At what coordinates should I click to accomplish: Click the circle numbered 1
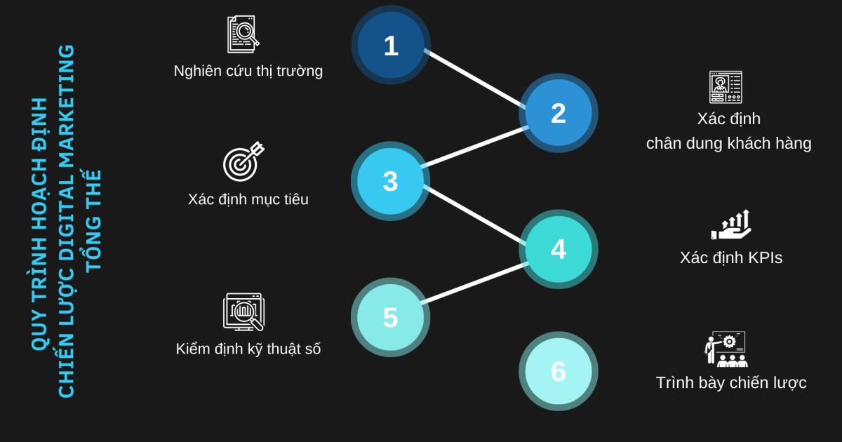tap(391, 46)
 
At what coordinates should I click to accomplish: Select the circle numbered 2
tap(558, 113)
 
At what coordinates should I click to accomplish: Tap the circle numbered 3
tap(390, 181)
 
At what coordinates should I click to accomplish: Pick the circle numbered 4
tap(558, 249)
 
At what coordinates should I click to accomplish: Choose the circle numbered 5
tap(390, 317)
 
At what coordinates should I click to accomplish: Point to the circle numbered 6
tap(558, 371)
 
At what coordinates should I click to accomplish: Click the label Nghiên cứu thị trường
tap(248, 71)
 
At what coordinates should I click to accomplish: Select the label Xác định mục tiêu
tap(248, 199)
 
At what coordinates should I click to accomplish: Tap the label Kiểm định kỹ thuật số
tap(248, 349)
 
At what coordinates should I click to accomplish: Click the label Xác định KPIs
tap(730, 257)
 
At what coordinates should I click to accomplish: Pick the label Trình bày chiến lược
tap(730, 383)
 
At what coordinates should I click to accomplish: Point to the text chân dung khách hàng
tap(728, 143)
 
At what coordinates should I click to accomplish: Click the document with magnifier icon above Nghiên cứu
tap(243, 34)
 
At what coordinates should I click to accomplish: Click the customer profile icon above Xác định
tap(725, 87)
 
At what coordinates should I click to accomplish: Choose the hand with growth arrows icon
tap(731, 225)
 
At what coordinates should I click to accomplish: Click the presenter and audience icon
tap(726, 349)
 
